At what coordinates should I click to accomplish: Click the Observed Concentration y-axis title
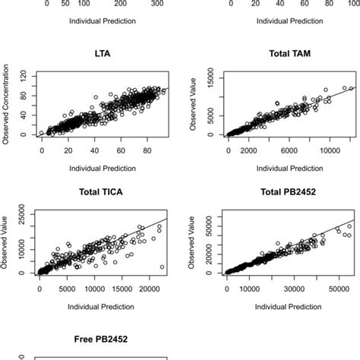pos(6,107)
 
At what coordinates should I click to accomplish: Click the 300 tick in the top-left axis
pos(157,4)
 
